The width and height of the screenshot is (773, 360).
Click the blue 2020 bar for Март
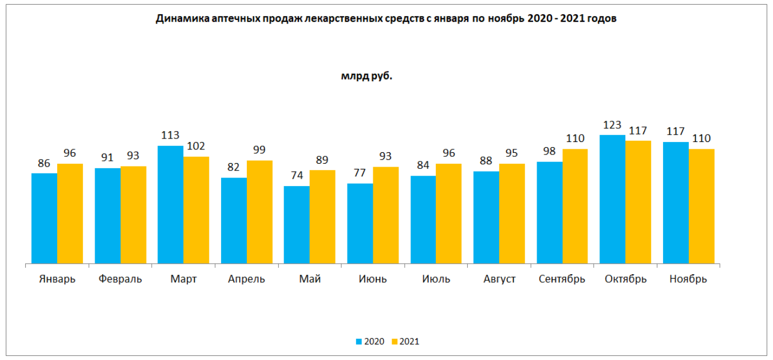click(170, 205)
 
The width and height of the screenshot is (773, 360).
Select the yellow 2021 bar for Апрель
click(259, 212)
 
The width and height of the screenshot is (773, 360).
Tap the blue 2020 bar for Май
click(297, 225)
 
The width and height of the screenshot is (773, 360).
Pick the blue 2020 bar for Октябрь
click(612, 200)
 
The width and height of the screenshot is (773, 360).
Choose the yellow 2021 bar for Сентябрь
click(575, 207)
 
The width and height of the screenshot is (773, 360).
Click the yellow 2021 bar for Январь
click(70, 214)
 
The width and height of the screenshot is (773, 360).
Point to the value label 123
click(612, 125)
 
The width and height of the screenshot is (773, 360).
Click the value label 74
click(297, 176)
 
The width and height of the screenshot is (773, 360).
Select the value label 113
click(170, 136)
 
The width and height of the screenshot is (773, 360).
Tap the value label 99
click(259, 151)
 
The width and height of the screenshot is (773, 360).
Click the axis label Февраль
click(120, 279)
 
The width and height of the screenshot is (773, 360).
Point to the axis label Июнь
click(373, 279)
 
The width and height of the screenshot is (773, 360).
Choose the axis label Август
click(499, 279)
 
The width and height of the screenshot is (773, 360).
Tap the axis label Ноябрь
click(688, 279)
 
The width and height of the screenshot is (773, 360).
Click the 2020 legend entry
click(370, 342)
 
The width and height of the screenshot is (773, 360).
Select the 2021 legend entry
click(405, 342)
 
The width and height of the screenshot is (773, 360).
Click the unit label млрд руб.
click(366, 76)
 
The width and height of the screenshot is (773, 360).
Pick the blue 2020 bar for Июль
click(423, 220)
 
